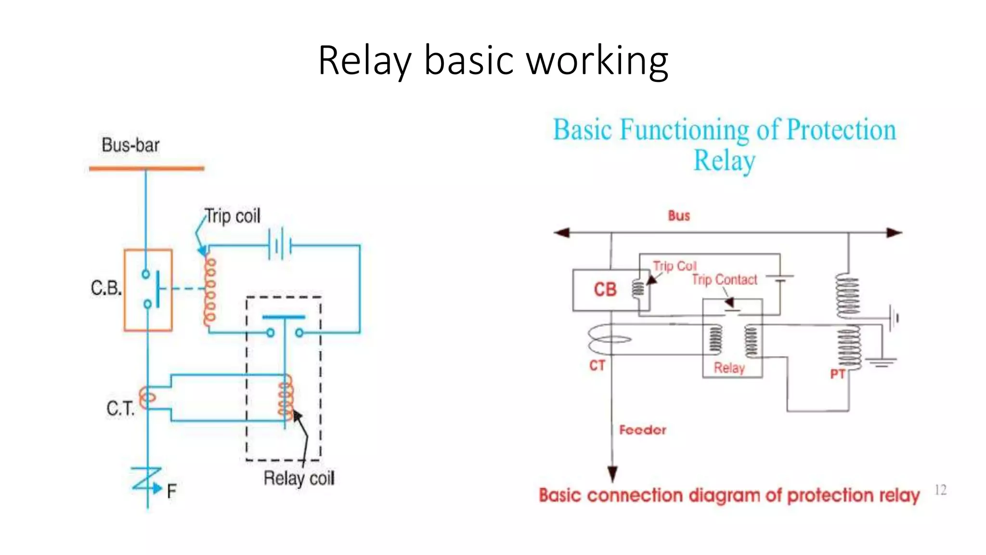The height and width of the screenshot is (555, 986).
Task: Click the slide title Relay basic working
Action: click(493, 60)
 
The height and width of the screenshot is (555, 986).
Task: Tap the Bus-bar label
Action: click(130, 145)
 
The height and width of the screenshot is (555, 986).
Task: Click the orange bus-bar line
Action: click(146, 169)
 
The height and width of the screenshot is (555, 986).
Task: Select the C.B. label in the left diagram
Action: click(106, 288)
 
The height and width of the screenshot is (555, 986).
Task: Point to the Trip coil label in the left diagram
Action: click(233, 216)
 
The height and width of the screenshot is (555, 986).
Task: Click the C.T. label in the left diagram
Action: click(120, 409)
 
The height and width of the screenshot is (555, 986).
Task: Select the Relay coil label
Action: click(298, 478)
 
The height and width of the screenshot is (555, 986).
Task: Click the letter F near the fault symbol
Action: click(171, 492)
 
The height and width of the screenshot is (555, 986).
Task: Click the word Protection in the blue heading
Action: click(841, 130)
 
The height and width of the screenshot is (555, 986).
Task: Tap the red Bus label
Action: click(679, 216)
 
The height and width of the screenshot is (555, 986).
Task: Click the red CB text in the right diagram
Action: click(605, 290)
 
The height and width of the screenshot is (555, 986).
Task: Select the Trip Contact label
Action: click(725, 280)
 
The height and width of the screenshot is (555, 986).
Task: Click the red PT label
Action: click(838, 374)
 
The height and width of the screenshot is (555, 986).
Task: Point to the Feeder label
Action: click(643, 430)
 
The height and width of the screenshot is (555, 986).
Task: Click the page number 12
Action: click(940, 490)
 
